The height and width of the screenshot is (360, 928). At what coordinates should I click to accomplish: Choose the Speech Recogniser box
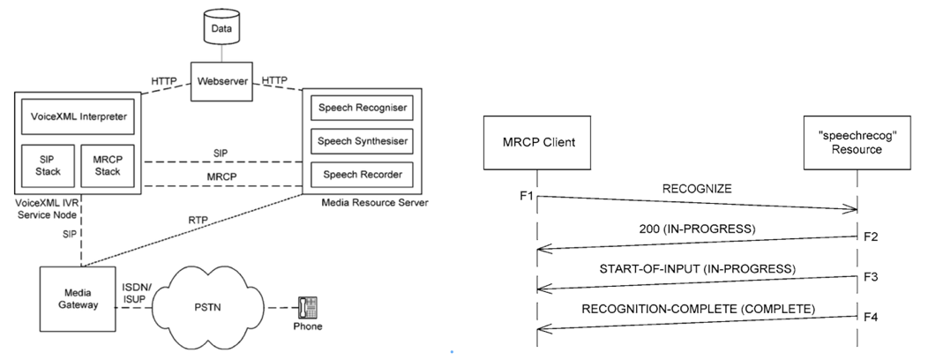click(362, 109)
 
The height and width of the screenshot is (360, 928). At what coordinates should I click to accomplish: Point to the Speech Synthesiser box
click(362, 141)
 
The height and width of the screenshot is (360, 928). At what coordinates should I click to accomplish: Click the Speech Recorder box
click(362, 175)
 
